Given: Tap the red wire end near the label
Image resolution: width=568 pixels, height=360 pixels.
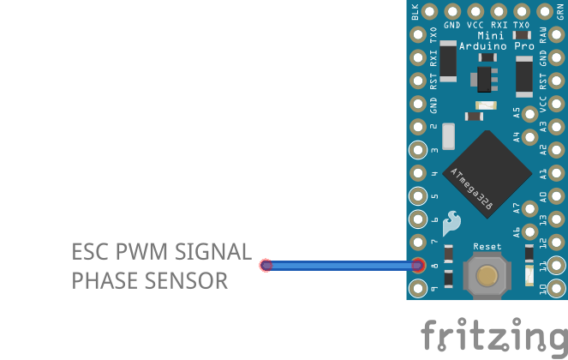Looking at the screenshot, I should point(266,266).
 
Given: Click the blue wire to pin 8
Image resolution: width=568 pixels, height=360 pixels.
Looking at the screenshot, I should point(343,266).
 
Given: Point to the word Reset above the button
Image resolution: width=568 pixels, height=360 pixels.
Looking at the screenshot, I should point(487,247).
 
